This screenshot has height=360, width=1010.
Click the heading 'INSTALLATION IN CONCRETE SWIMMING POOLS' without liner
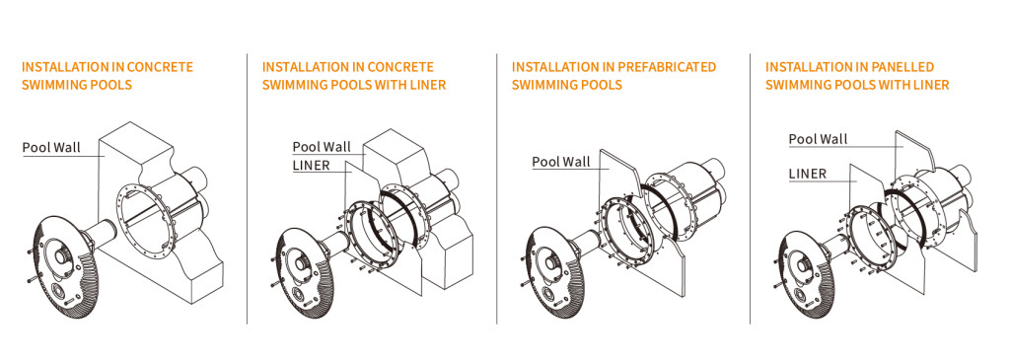point(108,75)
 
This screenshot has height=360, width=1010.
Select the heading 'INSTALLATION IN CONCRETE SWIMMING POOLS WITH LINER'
point(354,75)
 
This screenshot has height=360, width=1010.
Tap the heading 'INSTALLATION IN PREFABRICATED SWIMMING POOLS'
point(613,75)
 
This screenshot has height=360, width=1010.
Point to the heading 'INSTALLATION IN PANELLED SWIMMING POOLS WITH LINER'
point(857,75)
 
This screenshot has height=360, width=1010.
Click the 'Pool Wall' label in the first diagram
point(51,148)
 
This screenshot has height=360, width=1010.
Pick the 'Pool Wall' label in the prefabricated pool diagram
point(561,161)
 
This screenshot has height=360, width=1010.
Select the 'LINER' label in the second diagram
point(311,165)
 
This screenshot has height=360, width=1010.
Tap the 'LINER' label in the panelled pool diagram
point(808,173)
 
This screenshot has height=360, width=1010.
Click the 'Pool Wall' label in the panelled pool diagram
point(818,139)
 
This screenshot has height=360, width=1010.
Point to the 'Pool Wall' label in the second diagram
point(323,147)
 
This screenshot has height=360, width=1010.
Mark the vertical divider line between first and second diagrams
point(247,188)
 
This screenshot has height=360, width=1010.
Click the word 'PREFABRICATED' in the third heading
point(666,67)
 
